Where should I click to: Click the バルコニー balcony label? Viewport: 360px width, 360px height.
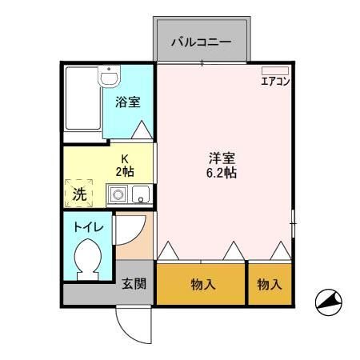(201, 42)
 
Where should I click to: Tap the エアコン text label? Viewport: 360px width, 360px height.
(275, 82)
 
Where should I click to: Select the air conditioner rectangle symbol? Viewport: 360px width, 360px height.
(275, 70)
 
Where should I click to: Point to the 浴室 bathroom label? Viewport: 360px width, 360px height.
(128, 102)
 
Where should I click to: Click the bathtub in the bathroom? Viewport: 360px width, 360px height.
(83, 98)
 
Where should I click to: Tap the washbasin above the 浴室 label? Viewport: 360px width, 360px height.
(109, 76)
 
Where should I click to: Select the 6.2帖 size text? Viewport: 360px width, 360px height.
(222, 173)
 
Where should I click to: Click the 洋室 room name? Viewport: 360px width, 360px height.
(222, 158)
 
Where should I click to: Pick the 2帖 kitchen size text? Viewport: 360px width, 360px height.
(125, 172)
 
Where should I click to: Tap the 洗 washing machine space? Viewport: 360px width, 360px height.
(79, 194)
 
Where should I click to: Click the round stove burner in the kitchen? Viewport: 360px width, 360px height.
(118, 194)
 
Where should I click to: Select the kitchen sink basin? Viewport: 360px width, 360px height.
(141, 194)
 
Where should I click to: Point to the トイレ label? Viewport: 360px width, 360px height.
(88, 228)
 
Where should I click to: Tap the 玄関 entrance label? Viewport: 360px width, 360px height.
(134, 283)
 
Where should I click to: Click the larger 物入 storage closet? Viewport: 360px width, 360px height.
(201, 284)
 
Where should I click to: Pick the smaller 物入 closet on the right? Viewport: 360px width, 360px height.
(270, 284)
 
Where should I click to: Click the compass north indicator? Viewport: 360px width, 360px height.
(329, 302)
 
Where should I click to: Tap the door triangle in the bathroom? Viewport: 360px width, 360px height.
(142, 130)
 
